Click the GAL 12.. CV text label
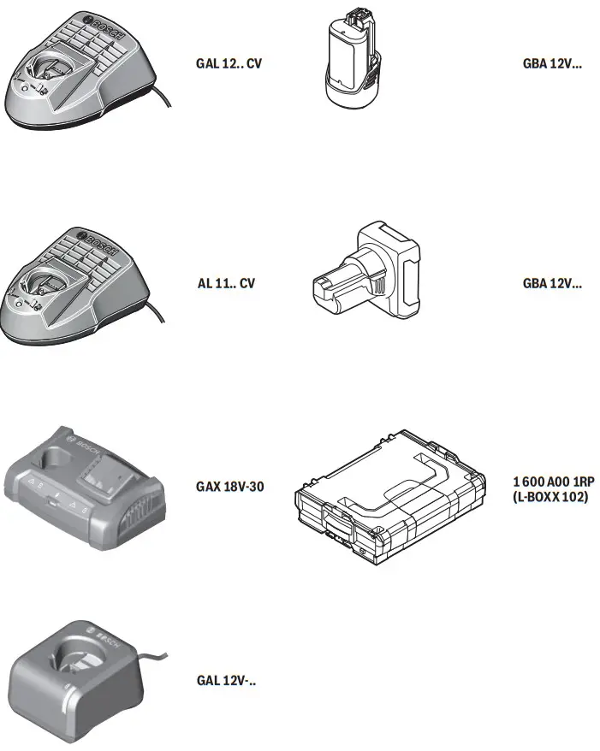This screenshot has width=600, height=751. coord(228,63)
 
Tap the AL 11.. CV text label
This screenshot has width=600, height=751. coord(226,283)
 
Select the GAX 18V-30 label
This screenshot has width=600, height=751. coord(229,487)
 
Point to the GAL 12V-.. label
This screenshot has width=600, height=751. coord(227,681)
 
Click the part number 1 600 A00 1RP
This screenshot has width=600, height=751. coord(550,482)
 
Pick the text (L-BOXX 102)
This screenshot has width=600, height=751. coord(550,496)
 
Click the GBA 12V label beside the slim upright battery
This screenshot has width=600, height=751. coord(552,63)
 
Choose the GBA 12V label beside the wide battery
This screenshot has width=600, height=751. coord(552,283)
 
